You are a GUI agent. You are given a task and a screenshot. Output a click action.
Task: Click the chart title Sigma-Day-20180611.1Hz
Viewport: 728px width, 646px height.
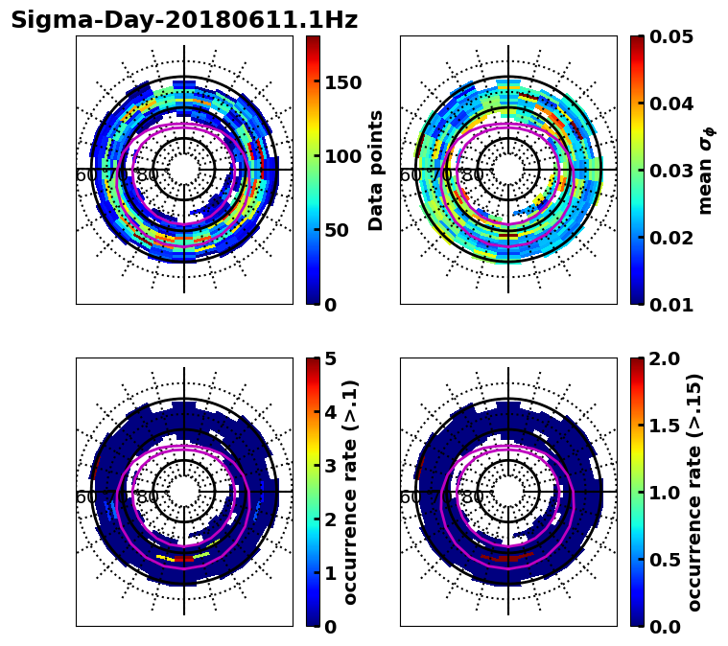pyautogui.click(x=184, y=20)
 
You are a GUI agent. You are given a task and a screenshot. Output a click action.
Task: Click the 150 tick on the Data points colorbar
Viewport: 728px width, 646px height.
pyautogui.click(x=342, y=82)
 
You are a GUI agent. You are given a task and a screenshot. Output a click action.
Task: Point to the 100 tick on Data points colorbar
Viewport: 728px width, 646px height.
pyautogui.click(x=342, y=156)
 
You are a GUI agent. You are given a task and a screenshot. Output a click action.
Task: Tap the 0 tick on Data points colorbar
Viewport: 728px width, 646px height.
pyautogui.click(x=330, y=305)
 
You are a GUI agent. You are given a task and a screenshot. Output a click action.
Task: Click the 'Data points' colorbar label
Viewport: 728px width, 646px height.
pyautogui.click(x=376, y=170)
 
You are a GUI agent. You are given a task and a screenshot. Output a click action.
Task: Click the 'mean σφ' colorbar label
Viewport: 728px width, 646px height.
pyautogui.click(x=706, y=170)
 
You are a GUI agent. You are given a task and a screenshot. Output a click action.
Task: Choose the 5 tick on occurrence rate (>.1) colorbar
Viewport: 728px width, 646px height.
pyautogui.click(x=330, y=358)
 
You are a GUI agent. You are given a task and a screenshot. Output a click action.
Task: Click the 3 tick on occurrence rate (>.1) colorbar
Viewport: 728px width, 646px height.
pyautogui.click(x=330, y=466)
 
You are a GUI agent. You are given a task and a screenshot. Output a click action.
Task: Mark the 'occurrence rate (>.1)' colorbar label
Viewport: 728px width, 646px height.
pyautogui.click(x=350, y=492)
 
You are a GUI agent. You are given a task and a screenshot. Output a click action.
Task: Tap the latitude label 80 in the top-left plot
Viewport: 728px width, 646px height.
pyautogui.click(x=148, y=175)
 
